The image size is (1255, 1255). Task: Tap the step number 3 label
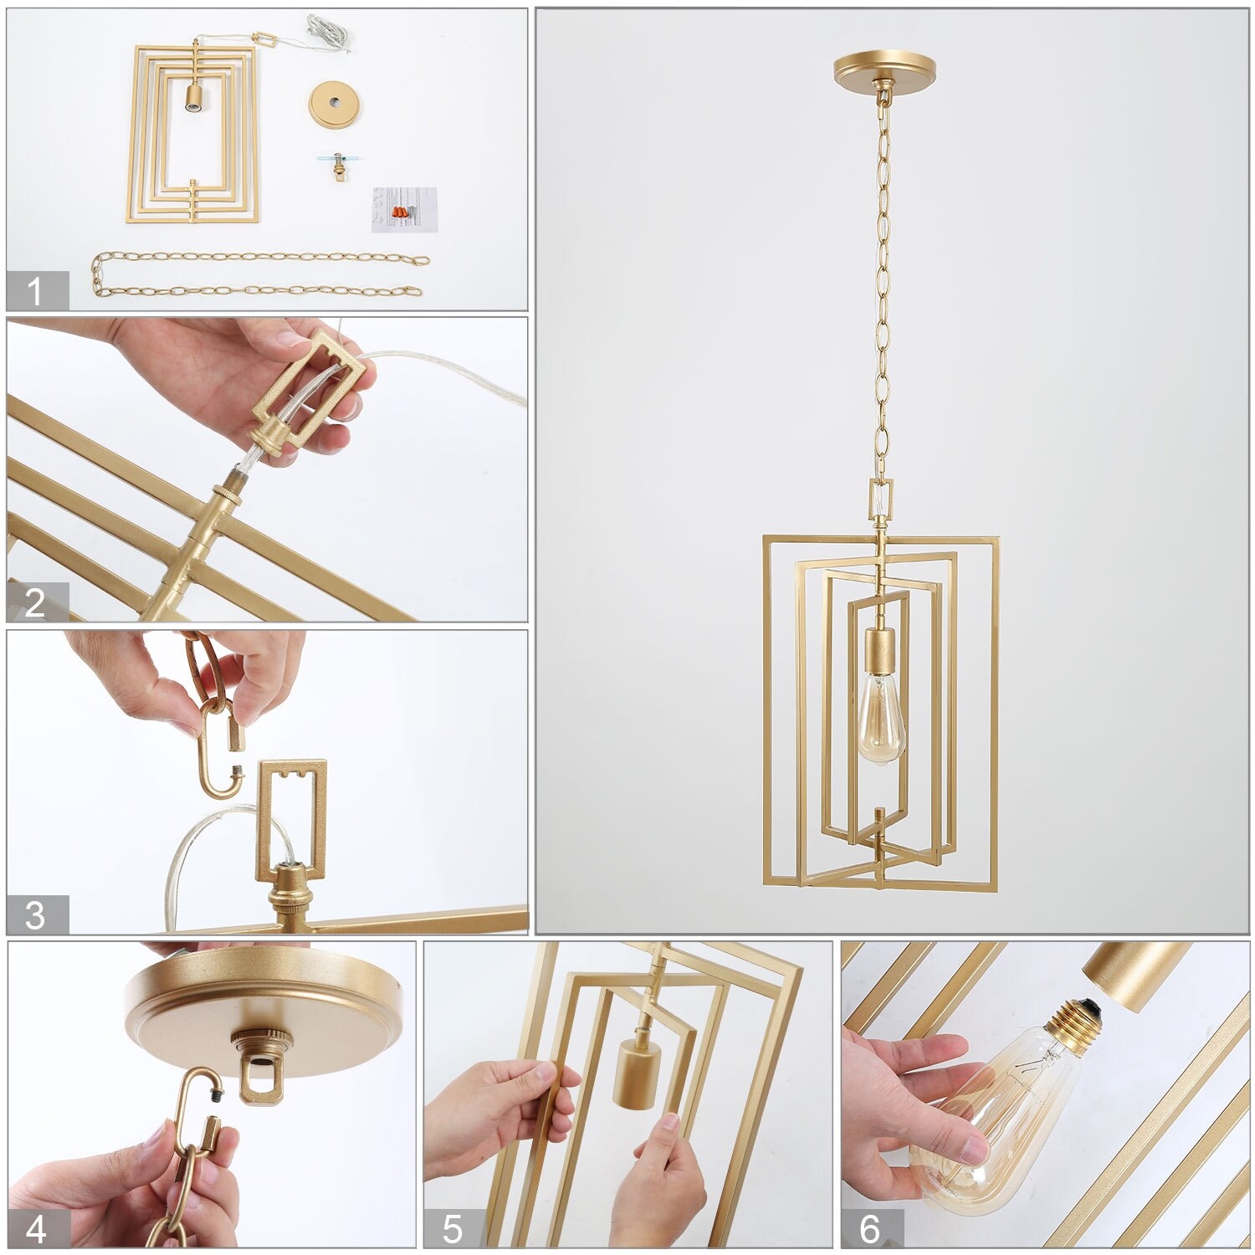coord(35,915)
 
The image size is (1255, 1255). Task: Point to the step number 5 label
coord(453,1229)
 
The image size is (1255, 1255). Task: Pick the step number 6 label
coord(870,1229)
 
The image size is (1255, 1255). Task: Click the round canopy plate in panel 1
coord(334,104)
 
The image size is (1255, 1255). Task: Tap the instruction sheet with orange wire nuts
coord(404,210)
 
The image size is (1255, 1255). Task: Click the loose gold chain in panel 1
coord(259,274)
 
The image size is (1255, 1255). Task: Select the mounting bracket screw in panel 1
coord(340,165)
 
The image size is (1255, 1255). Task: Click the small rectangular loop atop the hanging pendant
coord(881,499)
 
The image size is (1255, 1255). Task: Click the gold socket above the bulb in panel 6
coord(1135,975)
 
